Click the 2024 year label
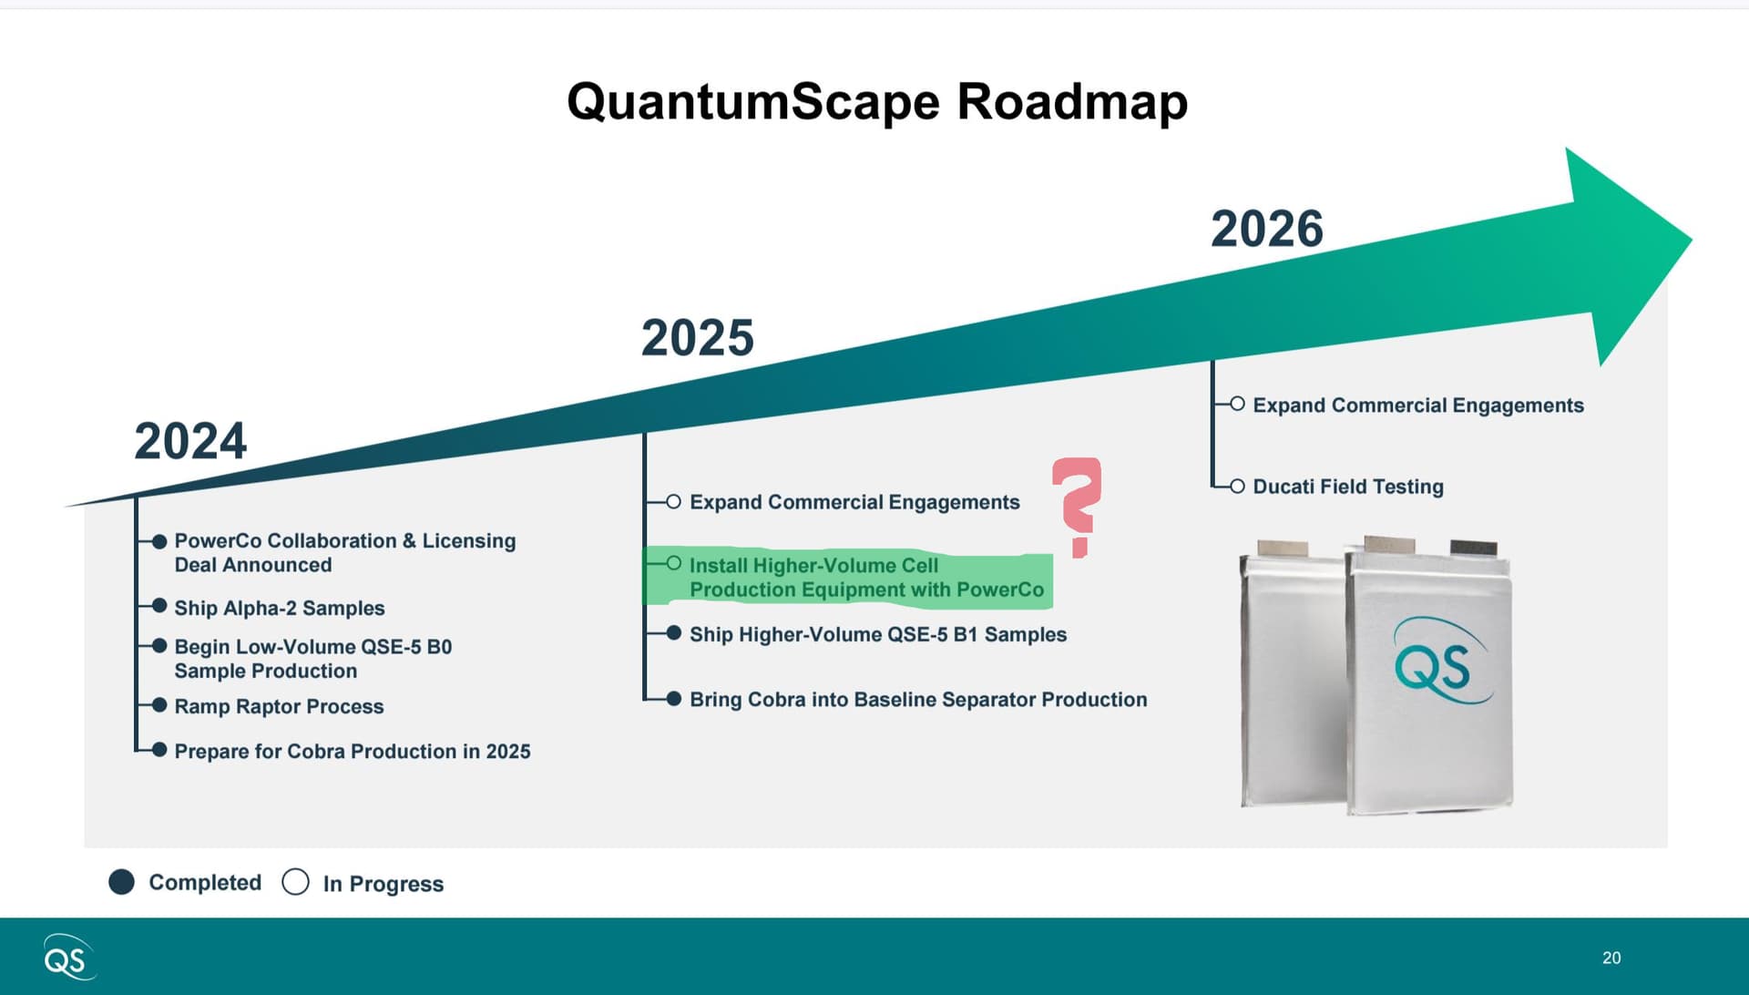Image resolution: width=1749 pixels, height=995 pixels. click(x=190, y=441)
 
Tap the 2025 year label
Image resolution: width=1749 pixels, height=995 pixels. click(x=698, y=338)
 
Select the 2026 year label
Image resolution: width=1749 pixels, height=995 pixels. click(x=1267, y=229)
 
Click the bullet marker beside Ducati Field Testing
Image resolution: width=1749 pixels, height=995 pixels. click(x=1237, y=487)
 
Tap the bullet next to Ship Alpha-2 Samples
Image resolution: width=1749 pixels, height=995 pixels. click(x=159, y=606)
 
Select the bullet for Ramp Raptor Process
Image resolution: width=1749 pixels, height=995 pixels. click(x=159, y=705)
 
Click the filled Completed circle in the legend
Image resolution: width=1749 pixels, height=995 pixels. click(x=121, y=882)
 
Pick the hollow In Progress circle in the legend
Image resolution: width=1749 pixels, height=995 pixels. click(x=295, y=882)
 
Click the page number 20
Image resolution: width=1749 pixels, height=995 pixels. click(x=1611, y=958)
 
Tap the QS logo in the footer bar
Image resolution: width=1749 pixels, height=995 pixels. click(x=68, y=958)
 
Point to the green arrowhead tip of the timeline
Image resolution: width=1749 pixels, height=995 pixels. click(x=1692, y=241)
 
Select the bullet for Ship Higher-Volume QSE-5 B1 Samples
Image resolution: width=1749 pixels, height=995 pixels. click(x=674, y=633)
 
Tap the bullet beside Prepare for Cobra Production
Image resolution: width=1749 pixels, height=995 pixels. click(x=159, y=750)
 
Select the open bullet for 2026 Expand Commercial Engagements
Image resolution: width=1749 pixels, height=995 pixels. click(x=1237, y=404)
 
